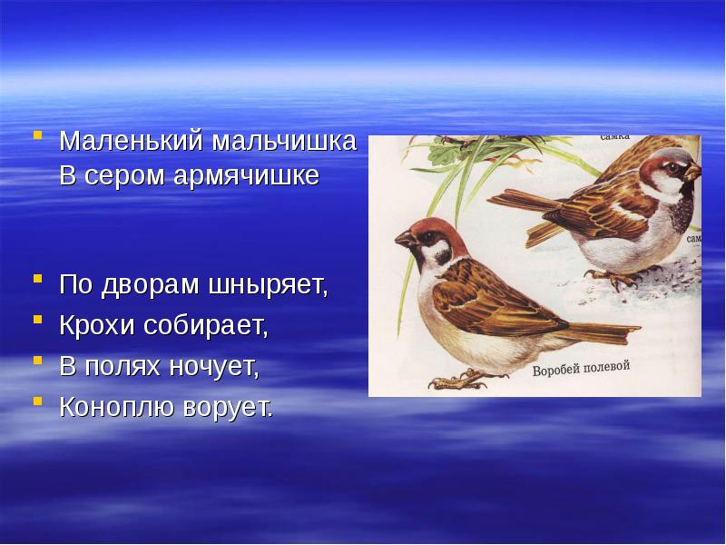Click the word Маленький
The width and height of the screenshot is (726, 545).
(132, 143)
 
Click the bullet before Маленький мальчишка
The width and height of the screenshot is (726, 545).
(38, 137)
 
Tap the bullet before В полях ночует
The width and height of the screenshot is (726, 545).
(38, 362)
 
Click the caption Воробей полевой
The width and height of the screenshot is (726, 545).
(581, 369)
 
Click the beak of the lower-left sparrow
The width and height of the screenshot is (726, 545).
(402, 239)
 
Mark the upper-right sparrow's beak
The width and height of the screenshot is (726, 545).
(692, 172)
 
